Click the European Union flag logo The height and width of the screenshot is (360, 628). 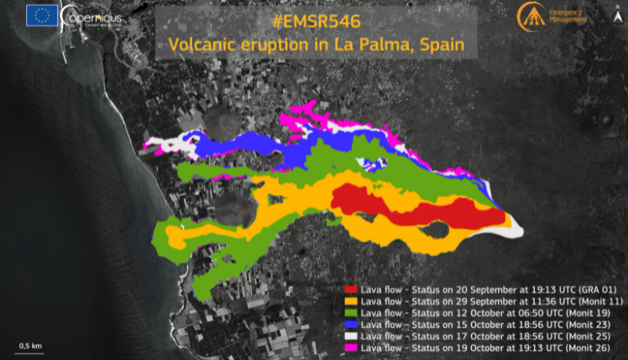[x=43, y=16]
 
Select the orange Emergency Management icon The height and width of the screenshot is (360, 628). [x=529, y=14]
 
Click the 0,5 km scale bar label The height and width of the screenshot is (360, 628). [x=29, y=344]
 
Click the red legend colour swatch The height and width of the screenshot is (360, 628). [x=351, y=289]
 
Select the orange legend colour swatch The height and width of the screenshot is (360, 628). [x=351, y=300]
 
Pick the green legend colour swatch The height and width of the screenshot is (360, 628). [x=351, y=312]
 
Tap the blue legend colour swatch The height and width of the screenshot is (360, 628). [x=351, y=323]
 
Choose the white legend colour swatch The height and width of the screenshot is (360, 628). [x=351, y=335]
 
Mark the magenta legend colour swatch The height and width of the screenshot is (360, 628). [x=351, y=347]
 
